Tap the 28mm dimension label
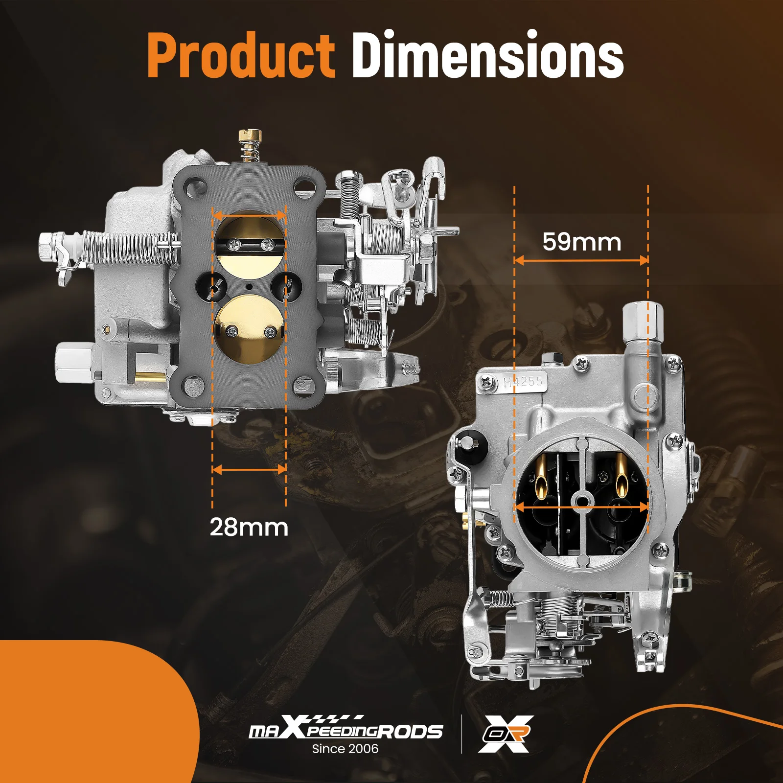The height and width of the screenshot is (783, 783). [249, 528]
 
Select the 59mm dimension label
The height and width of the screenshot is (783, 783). [581, 242]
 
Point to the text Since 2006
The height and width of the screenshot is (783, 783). [345, 749]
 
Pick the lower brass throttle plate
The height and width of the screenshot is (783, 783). [250, 328]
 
